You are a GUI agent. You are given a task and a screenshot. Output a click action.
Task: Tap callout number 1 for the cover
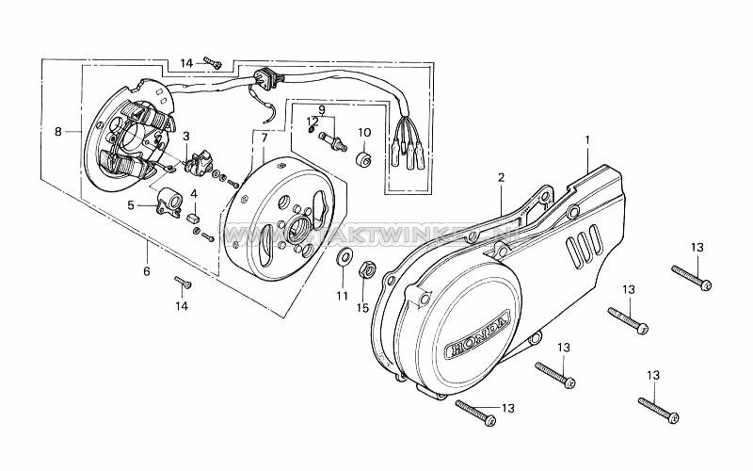[587, 140]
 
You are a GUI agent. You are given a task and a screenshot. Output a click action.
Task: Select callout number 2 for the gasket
[501, 177]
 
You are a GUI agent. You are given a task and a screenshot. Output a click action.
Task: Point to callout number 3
[186, 137]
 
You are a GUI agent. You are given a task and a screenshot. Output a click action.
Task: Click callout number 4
[194, 193]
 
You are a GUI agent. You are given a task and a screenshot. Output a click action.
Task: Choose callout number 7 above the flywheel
[264, 138]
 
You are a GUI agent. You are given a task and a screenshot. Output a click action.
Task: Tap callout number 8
[58, 132]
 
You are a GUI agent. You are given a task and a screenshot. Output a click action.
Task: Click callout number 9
[320, 109]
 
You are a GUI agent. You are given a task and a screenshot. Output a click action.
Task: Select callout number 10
[364, 132]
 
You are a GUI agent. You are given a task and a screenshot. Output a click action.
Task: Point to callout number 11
[343, 296]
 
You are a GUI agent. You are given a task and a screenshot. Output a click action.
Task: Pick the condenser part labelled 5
[169, 201]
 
